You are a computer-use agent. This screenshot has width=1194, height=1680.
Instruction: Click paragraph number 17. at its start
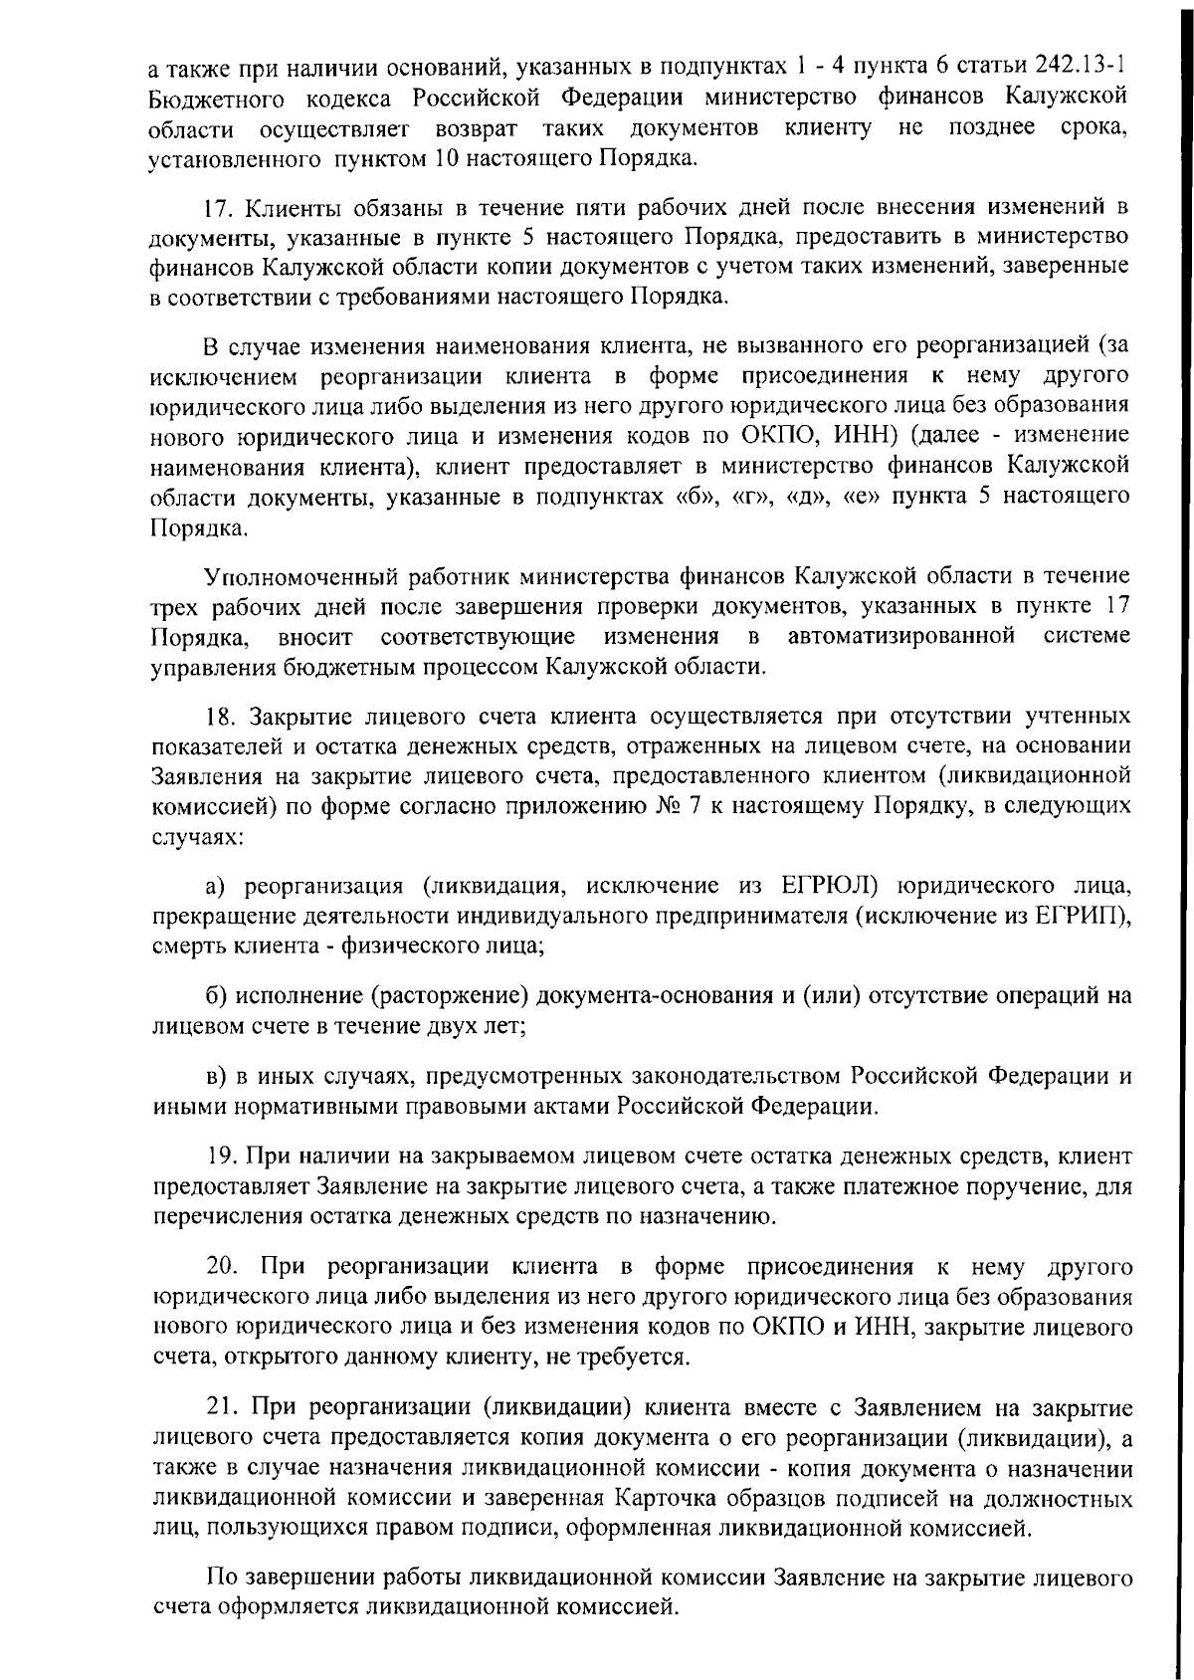pos(218,208)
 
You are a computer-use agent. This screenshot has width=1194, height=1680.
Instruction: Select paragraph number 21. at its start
pos(220,1408)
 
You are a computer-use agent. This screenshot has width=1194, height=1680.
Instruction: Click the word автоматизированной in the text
pos(900,636)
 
